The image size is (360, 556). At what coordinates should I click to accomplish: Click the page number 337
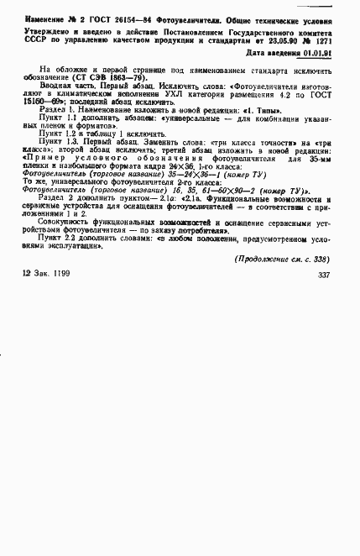point(323,299)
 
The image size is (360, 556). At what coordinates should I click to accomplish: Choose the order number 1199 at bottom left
point(67,299)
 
